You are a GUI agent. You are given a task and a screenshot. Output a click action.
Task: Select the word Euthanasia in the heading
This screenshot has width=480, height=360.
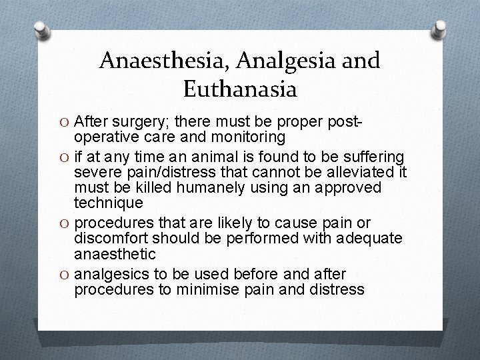(x=239, y=89)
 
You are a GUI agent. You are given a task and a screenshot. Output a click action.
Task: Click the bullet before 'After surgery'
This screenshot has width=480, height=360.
(x=65, y=123)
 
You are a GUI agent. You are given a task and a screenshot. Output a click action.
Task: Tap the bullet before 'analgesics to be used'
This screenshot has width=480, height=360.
(x=65, y=275)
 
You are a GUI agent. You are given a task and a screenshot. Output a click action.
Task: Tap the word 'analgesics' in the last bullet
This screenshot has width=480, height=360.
(x=110, y=275)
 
